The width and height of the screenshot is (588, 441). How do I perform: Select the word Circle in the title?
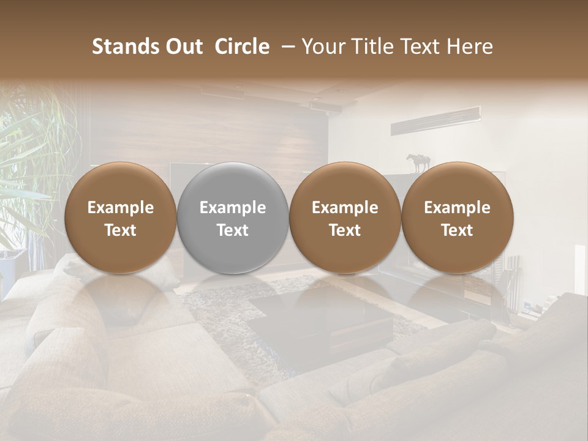(242, 47)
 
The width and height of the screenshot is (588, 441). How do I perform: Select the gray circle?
(233, 217)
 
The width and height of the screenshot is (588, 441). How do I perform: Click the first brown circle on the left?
(120, 217)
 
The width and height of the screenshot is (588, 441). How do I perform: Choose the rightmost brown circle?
(457, 217)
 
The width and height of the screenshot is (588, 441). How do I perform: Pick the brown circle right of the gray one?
(345, 217)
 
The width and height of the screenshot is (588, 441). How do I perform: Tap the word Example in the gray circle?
(233, 208)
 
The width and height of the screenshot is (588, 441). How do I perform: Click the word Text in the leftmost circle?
(120, 230)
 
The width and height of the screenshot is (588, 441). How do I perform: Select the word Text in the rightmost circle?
(457, 230)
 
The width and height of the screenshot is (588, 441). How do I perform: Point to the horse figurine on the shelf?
(418, 163)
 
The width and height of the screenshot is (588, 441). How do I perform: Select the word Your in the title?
(322, 47)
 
